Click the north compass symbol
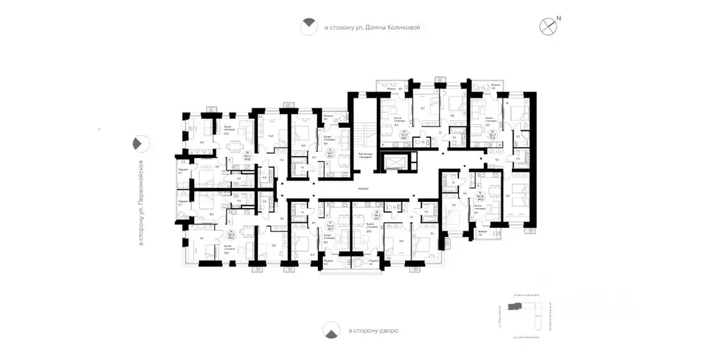click(547, 27)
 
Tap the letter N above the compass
click(558, 18)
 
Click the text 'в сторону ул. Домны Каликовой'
click(371, 27)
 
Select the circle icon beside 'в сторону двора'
click(329, 330)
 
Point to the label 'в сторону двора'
click(373, 330)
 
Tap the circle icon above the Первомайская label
click(141, 143)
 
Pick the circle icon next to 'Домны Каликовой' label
click(307, 27)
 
